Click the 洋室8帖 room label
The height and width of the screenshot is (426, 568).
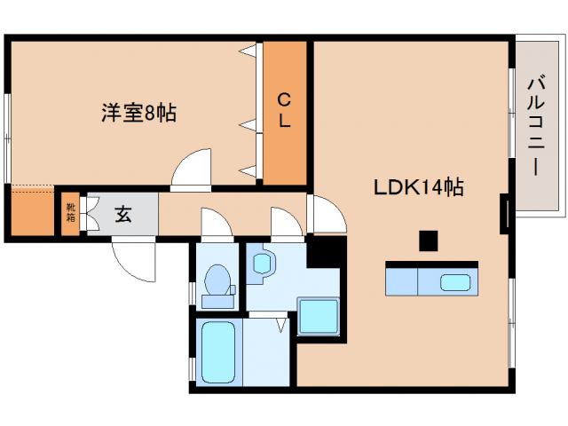138,113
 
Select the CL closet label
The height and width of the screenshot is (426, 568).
284,110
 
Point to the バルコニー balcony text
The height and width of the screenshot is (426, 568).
535,125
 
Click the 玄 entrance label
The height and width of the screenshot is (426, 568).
123,214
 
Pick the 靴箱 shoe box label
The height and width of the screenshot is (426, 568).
70,213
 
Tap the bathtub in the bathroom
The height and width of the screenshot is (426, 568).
217,352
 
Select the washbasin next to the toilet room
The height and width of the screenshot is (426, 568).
263,264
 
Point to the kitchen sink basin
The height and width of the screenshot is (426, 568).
455,283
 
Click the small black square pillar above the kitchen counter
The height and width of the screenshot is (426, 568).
429,240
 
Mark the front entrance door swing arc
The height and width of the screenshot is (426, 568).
130,256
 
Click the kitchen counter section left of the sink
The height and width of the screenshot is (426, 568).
400,283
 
